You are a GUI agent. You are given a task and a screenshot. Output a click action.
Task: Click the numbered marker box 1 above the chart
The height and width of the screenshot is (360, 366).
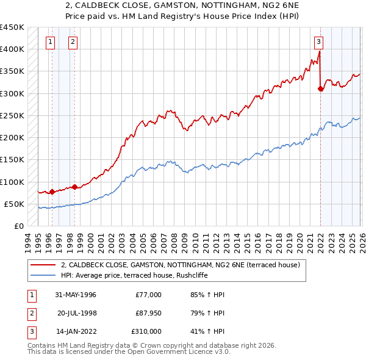tap(50, 42)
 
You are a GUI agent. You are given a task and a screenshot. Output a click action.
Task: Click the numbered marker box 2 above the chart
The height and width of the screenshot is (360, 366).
tap(73, 42)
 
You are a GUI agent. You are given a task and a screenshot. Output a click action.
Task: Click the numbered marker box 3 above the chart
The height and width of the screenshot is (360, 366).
tap(318, 42)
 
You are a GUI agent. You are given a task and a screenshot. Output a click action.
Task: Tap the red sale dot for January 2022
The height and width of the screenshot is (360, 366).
tap(320, 88)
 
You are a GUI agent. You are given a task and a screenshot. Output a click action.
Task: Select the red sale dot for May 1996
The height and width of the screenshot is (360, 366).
tap(52, 192)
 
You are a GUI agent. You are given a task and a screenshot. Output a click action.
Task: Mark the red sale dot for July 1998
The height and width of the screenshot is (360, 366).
tap(74, 187)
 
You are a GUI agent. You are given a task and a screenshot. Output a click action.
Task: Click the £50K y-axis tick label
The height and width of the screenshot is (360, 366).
tap(14, 204)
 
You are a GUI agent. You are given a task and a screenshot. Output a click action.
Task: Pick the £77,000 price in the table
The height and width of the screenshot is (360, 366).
tap(149, 295)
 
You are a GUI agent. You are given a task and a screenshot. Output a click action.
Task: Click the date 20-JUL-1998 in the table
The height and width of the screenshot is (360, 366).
tap(76, 313)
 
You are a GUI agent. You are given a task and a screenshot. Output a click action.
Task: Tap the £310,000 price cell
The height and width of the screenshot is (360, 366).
tap(146, 331)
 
